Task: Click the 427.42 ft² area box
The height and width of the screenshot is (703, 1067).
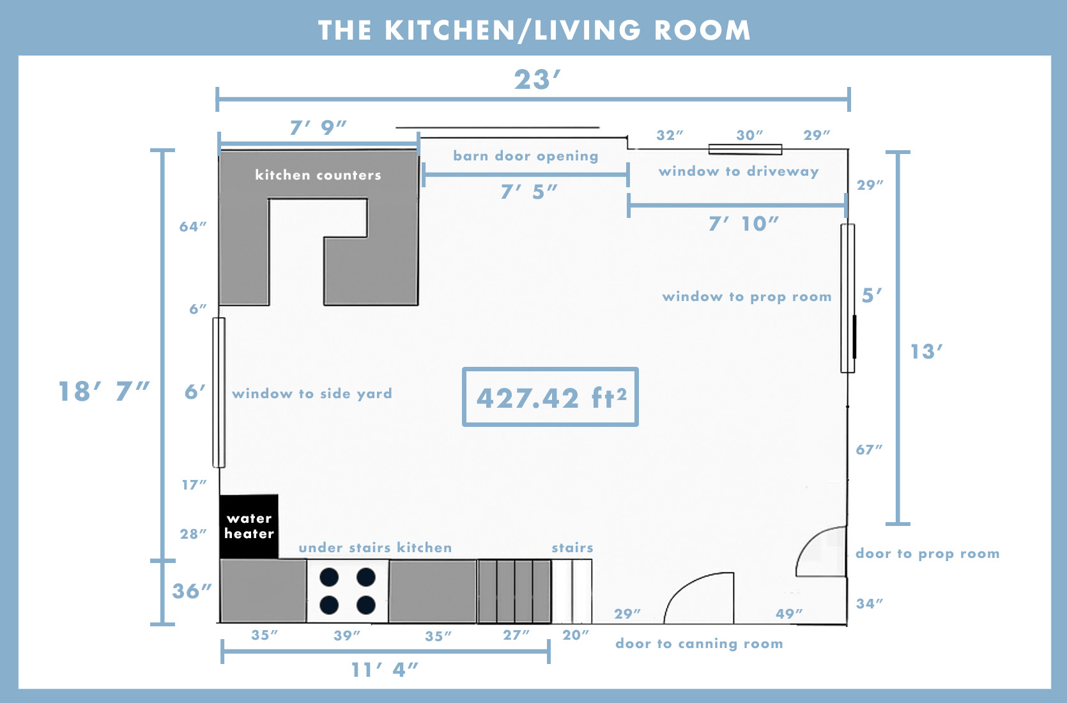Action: (x=550, y=397)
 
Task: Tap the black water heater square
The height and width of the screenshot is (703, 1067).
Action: (x=249, y=526)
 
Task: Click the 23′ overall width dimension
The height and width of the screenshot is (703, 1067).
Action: (x=537, y=81)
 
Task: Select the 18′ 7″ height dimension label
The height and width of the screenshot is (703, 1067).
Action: (x=104, y=391)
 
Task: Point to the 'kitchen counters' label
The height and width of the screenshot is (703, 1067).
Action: (x=318, y=175)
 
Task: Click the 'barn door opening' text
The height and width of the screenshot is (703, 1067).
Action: (x=525, y=156)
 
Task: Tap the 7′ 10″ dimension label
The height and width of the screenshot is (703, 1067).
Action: (x=743, y=224)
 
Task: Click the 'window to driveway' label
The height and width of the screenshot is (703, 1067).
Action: (x=738, y=171)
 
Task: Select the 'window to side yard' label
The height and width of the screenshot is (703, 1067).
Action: (x=312, y=394)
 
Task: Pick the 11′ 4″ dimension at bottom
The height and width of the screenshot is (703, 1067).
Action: (x=385, y=669)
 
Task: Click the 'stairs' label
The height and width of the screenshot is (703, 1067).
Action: (x=572, y=548)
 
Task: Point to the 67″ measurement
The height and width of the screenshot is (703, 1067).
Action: (x=869, y=450)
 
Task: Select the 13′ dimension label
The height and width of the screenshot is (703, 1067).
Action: (x=926, y=351)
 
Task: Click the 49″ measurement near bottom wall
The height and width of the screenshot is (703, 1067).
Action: (x=789, y=614)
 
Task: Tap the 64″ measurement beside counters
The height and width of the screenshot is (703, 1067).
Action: (x=193, y=227)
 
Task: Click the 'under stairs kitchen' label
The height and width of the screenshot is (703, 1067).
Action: (x=375, y=548)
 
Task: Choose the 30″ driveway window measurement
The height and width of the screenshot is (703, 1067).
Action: (x=749, y=135)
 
